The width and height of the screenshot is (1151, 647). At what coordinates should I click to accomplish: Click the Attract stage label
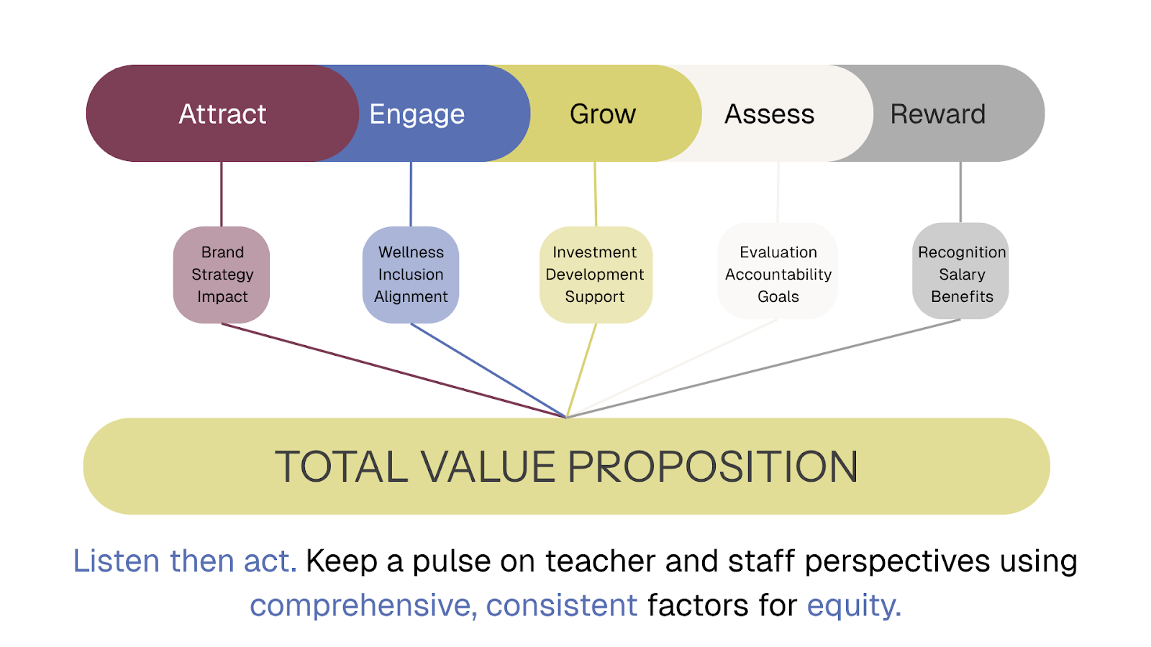click(222, 114)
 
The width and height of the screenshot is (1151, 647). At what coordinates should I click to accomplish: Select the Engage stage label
click(417, 114)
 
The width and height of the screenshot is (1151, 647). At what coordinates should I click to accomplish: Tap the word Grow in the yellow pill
click(603, 114)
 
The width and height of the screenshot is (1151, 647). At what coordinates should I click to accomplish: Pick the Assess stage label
click(769, 114)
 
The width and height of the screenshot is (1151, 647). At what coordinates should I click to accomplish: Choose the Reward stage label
click(938, 114)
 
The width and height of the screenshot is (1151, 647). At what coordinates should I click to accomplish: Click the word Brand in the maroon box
click(222, 252)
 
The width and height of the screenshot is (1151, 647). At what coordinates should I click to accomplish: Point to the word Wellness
click(411, 252)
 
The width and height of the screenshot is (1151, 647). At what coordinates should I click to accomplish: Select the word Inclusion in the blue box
click(411, 274)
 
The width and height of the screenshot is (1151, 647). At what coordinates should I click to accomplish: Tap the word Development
click(594, 275)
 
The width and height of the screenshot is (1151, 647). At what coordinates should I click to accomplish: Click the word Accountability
click(778, 275)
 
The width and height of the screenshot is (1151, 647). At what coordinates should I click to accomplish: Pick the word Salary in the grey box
click(962, 275)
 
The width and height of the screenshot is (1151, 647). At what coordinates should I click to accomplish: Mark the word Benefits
click(962, 296)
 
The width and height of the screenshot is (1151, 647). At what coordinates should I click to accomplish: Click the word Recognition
click(962, 252)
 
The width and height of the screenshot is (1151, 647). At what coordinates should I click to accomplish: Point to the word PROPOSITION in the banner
click(713, 467)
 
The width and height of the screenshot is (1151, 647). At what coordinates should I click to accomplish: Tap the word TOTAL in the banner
click(341, 467)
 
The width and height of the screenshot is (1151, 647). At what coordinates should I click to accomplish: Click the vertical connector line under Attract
click(222, 194)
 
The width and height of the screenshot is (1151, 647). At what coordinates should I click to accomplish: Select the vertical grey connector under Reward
click(960, 192)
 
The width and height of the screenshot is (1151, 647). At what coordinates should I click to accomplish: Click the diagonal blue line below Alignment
click(488, 370)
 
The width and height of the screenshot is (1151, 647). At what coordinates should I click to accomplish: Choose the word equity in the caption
click(854, 605)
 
